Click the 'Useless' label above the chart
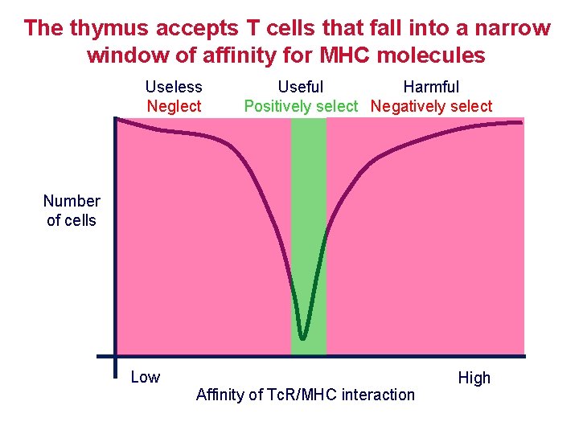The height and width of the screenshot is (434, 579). point(174,87)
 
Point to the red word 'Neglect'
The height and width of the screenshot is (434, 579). point(174,106)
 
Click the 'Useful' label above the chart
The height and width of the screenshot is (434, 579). point(300,87)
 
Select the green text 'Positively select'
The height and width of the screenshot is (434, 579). point(301,106)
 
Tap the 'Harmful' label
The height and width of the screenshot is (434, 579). point(431,87)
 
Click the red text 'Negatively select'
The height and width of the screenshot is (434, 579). point(431,106)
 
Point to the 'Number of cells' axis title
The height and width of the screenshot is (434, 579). point(72,211)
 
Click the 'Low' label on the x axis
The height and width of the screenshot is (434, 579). point(145,378)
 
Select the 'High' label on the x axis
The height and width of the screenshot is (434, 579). point(474,378)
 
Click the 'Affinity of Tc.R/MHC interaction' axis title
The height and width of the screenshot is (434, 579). point(306,395)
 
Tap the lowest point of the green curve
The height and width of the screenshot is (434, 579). point(302,338)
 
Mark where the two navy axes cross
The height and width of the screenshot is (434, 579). point(116,356)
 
